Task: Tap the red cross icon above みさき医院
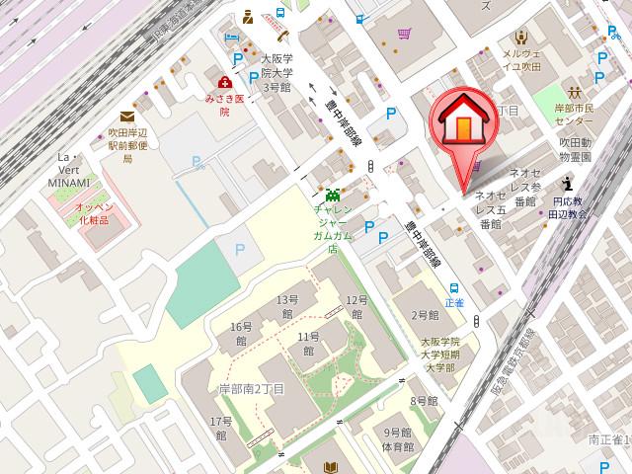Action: coord(226,83)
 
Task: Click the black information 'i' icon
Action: coord(567,183)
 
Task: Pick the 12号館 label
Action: coord(355,306)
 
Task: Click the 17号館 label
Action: coord(218,429)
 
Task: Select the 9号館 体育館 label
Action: coord(398,440)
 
